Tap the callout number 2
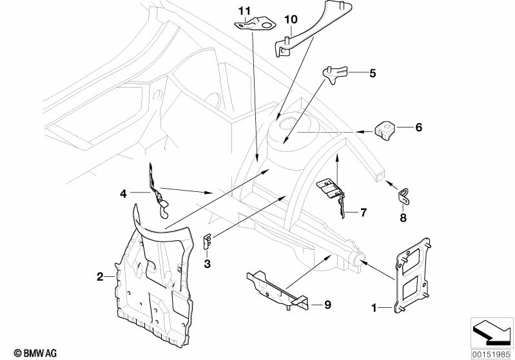point(100,277)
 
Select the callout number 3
point(207,263)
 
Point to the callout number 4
point(122,192)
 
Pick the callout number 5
point(372,73)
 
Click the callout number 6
point(418,128)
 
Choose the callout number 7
point(363,211)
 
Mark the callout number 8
point(403,217)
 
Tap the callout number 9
point(327,305)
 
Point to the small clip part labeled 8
point(403,195)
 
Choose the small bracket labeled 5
point(335,74)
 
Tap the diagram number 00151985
point(491,353)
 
